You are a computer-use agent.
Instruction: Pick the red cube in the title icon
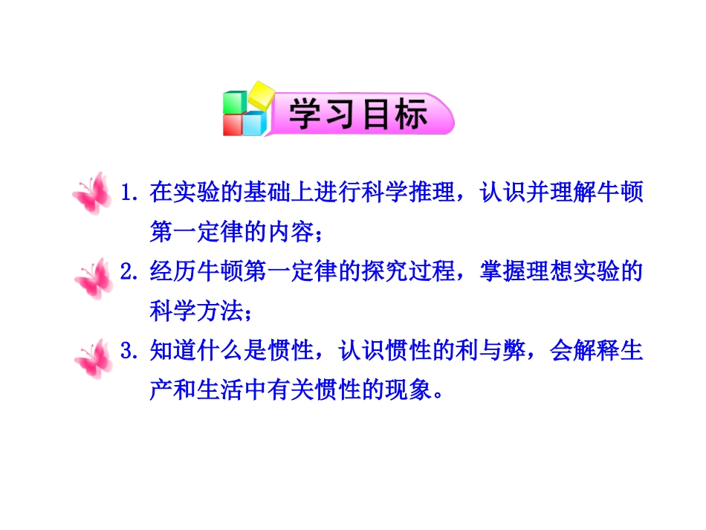pos(233,125)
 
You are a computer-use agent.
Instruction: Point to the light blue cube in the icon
pos(254,123)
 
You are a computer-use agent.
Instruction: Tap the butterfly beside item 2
pos(94,279)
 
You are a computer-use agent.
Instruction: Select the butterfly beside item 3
pos(94,358)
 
